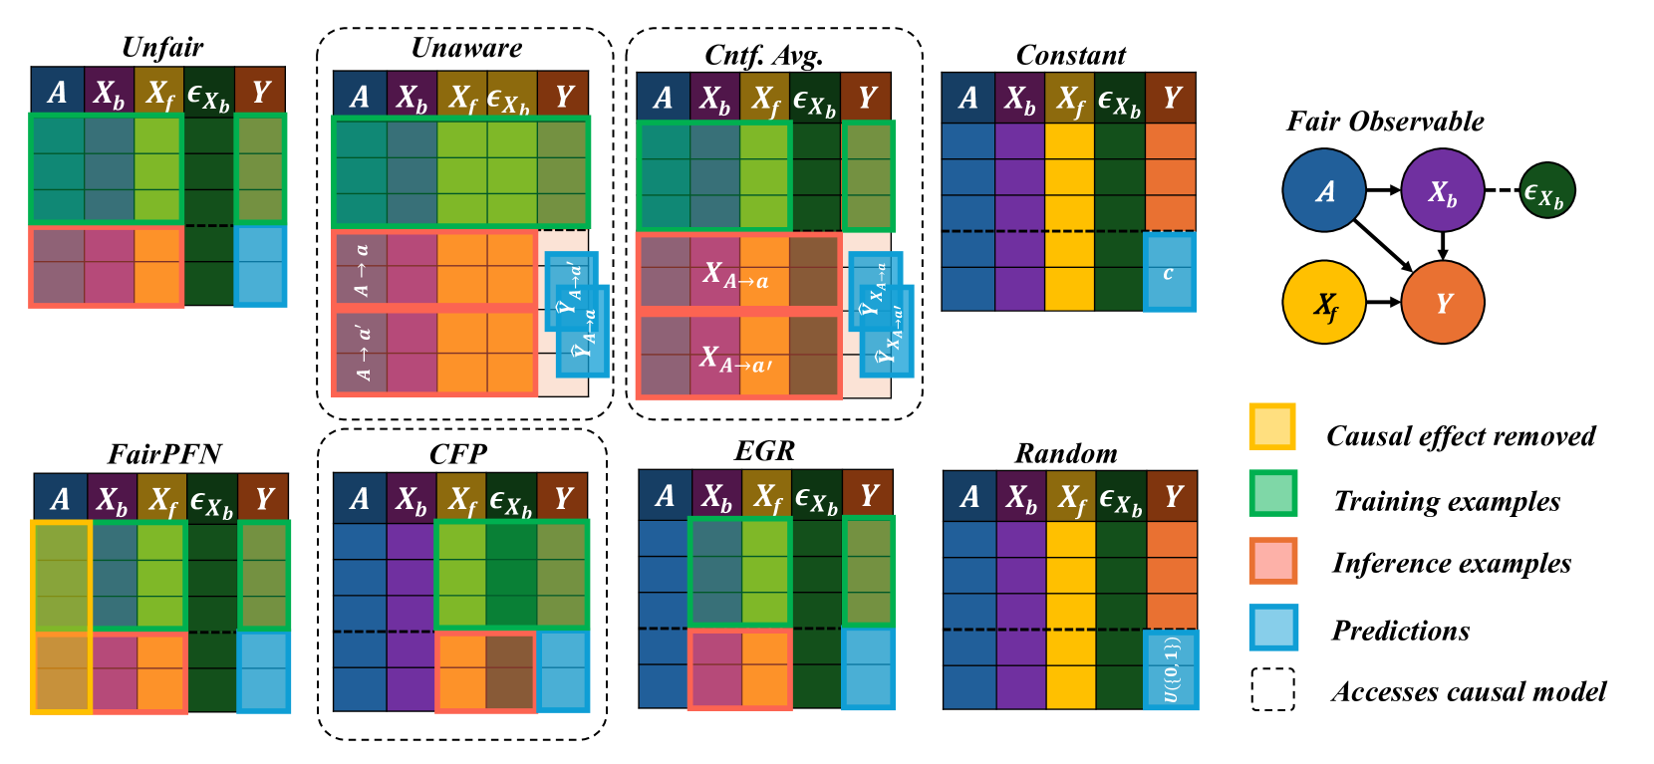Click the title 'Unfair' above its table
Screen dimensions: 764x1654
click(x=162, y=48)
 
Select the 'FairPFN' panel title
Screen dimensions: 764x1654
click(x=164, y=454)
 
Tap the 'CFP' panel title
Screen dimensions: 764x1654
click(x=458, y=454)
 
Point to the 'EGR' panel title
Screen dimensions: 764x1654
click(x=764, y=451)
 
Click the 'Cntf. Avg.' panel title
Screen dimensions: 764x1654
click(x=764, y=55)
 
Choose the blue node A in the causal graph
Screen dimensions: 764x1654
click(x=1324, y=190)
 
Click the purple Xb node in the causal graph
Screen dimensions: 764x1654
click(x=1443, y=191)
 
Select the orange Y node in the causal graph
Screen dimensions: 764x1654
click(x=1443, y=303)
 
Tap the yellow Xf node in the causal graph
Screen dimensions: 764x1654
click(x=1324, y=303)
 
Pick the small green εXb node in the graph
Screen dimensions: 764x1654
click(x=1546, y=191)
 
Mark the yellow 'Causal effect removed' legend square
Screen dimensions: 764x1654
click(x=1272, y=426)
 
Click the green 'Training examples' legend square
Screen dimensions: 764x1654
click(x=1272, y=493)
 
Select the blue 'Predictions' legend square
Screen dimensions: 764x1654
click(x=1272, y=628)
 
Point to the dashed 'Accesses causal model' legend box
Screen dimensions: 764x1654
click(x=1272, y=689)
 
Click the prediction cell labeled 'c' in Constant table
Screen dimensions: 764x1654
click(x=1169, y=272)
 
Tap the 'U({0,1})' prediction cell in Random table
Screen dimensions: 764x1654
click(x=1171, y=669)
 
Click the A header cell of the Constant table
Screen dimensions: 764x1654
click(x=967, y=98)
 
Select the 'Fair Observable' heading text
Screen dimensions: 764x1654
click(x=1385, y=122)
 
